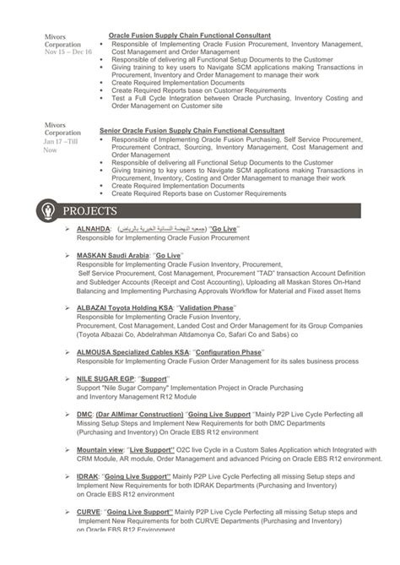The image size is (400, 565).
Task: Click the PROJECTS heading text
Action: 90,210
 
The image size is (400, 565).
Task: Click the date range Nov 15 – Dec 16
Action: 68,52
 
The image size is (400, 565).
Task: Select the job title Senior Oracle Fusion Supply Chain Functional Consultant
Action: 192,131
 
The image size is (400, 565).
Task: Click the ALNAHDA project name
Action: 93,229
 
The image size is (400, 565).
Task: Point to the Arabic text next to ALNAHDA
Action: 160,229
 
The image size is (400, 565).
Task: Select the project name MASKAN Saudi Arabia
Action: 112,254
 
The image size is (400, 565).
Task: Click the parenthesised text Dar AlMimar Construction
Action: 138,415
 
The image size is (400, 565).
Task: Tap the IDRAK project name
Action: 86,477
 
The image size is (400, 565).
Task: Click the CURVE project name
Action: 88,512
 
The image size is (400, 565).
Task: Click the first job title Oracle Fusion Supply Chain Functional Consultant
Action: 190,35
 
